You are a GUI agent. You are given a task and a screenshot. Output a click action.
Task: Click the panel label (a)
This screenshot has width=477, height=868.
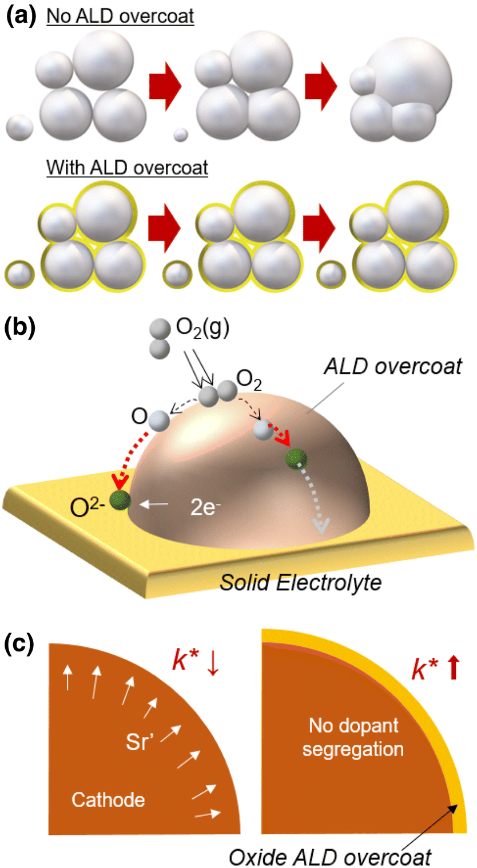click(x=21, y=14)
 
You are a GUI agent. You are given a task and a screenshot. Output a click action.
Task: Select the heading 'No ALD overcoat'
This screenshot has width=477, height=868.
click(x=121, y=16)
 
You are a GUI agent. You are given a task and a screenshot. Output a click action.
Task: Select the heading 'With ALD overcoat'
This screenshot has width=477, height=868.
click(x=128, y=168)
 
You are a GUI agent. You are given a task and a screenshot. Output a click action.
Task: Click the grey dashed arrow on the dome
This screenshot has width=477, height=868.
click(x=320, y=503)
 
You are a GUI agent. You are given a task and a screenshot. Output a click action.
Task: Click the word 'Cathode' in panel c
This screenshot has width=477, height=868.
click(x=108, y=799)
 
